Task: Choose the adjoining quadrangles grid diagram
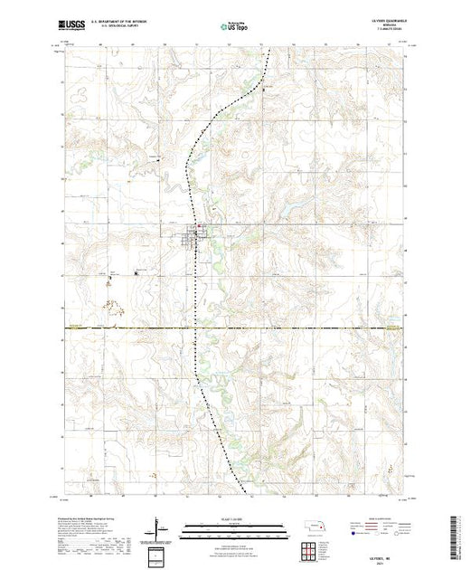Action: tap(325, 549)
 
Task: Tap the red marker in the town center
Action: tap(201, 227)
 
